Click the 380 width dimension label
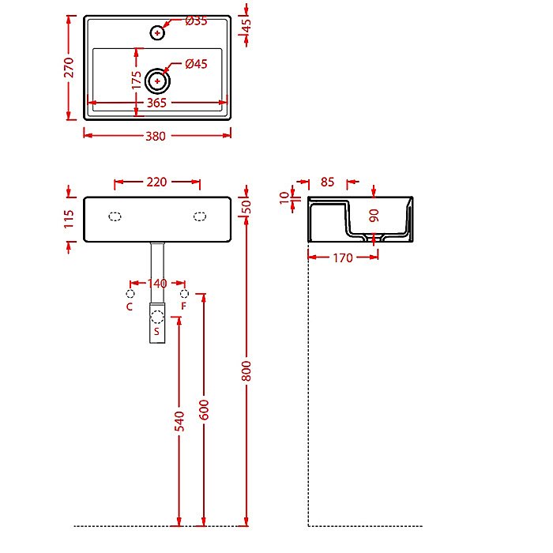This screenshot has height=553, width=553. [156, 136]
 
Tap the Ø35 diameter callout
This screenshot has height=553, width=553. [196, 21]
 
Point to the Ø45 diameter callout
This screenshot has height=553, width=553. [196, 65]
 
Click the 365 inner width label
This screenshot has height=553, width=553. [156, 103]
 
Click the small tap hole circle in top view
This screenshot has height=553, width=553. [158, 32]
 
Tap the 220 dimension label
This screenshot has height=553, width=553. [156, 182]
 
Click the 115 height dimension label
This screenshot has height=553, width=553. [69, 219]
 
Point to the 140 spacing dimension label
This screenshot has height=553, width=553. [157, 283]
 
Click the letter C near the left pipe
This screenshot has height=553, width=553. [130, 306]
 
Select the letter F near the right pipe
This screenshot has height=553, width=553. [184, 306]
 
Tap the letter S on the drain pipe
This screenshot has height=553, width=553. [157, 332]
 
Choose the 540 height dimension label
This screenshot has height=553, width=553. [179, 420]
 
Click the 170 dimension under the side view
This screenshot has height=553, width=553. [343, 257]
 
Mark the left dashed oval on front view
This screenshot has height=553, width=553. [115, 216]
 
